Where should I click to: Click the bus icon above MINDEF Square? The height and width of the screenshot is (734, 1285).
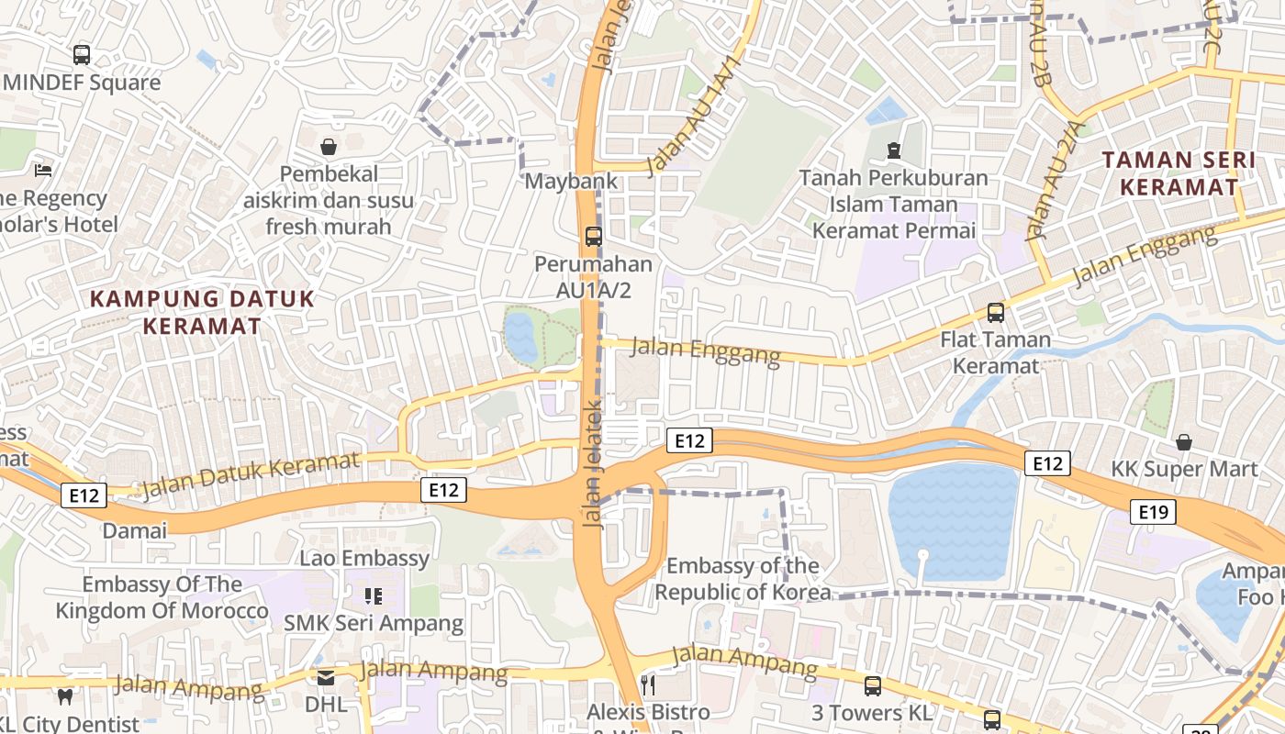[x=82, y=54]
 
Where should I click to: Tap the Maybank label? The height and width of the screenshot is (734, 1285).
[x=571, y=181]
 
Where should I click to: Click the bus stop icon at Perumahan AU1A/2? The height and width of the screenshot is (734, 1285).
[x=594, y=237]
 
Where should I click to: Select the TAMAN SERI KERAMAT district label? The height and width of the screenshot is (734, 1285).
[x=1179, y=173]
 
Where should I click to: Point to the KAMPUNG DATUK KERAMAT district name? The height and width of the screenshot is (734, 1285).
[x=203, y=312]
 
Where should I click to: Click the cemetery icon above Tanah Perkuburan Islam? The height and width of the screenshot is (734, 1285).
[x=894, y=150]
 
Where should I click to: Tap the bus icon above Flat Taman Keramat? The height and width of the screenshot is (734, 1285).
[x=996, y=313]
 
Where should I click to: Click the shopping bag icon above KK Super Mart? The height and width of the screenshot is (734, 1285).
[x=1184, y=442]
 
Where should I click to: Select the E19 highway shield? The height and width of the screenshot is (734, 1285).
[x=1153, y=512]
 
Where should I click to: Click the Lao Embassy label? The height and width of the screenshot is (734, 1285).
[x=364, y=558]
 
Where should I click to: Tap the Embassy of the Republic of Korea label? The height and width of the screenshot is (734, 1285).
[x=743, y=579]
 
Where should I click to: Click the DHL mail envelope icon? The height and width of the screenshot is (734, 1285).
[x=326, y=678]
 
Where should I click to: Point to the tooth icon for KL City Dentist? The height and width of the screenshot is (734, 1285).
[x=64, y=696]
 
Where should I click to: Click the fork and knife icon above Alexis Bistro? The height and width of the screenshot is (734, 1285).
[x=648, y=684]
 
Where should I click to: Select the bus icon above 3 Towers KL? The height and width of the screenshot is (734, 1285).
[x=872, y=685]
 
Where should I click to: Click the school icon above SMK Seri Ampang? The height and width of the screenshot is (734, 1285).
[x=373, y=596]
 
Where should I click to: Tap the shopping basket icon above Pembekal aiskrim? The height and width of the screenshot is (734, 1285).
[x=329, y=147]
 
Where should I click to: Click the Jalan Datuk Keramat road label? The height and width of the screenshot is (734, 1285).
[x=250, y=474]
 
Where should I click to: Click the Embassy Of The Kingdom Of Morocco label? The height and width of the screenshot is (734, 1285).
[x=162, y=597]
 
